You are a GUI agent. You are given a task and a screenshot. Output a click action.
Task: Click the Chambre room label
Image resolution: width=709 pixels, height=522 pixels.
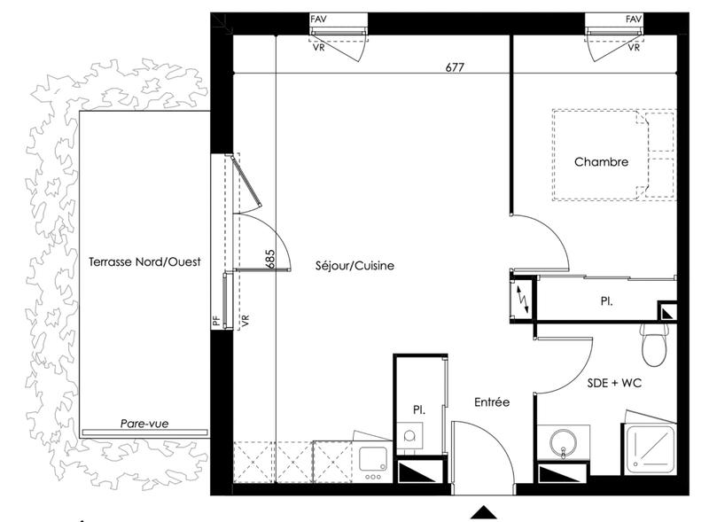pos(601,162)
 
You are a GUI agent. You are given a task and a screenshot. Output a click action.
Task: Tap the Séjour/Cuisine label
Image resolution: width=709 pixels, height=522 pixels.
pos(354,265)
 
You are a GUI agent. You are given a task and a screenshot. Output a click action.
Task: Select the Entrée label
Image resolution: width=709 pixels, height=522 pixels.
pos(491,401)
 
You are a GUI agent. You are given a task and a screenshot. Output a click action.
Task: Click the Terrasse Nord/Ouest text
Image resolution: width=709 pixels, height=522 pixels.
pos(144,261)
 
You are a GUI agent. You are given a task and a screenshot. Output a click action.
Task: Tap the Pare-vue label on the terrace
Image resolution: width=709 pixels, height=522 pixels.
pos(144,425)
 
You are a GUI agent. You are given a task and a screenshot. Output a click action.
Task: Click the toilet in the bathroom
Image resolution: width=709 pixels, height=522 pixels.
pos(654,343)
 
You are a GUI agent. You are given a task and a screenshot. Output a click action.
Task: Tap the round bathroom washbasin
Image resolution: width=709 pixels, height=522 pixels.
pos(561,443)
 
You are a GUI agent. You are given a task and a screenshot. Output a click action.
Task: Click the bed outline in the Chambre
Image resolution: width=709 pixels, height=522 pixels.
pos(613,155)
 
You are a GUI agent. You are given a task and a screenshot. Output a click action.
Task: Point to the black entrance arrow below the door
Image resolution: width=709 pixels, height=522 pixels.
pos(483,511)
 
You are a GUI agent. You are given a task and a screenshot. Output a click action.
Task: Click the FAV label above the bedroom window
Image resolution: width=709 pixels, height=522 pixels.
pos(633,19)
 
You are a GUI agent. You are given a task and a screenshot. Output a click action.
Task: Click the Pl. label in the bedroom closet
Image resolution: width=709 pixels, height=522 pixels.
pos(606,302)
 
